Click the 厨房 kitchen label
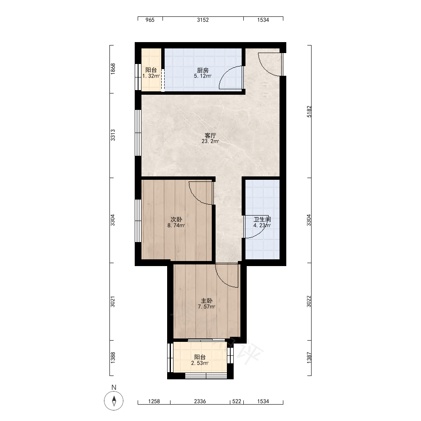pyautogui.click(x=203, y=70)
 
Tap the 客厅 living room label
pyautogui.click(x=210, y=136)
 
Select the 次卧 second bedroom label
pyautogui.click(x=176, y=219)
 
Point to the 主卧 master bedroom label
pyautogui.click(x=207, y=301)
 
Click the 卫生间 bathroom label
pyautogui.click(x=262, y=219)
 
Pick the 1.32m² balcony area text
pyautogui.click(x=151, y=76)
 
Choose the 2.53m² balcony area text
pyautogui.click(x=200, y=363)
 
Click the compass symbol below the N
pyautogui.click(x=114, y=401)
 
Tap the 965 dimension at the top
pyautogui.click(x=150, y=20)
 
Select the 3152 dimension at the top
pyautogui.click(x=203, y=20)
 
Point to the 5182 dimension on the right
pyautogui.click(x=309, y=112)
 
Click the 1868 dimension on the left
pyautogui.click(x=113, y=69)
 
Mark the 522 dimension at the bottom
pyautogui.click(x=237, y=401)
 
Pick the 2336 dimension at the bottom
pyautogui.click(x=200, y=401)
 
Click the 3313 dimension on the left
pyautogui.click(x=113, y=135)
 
